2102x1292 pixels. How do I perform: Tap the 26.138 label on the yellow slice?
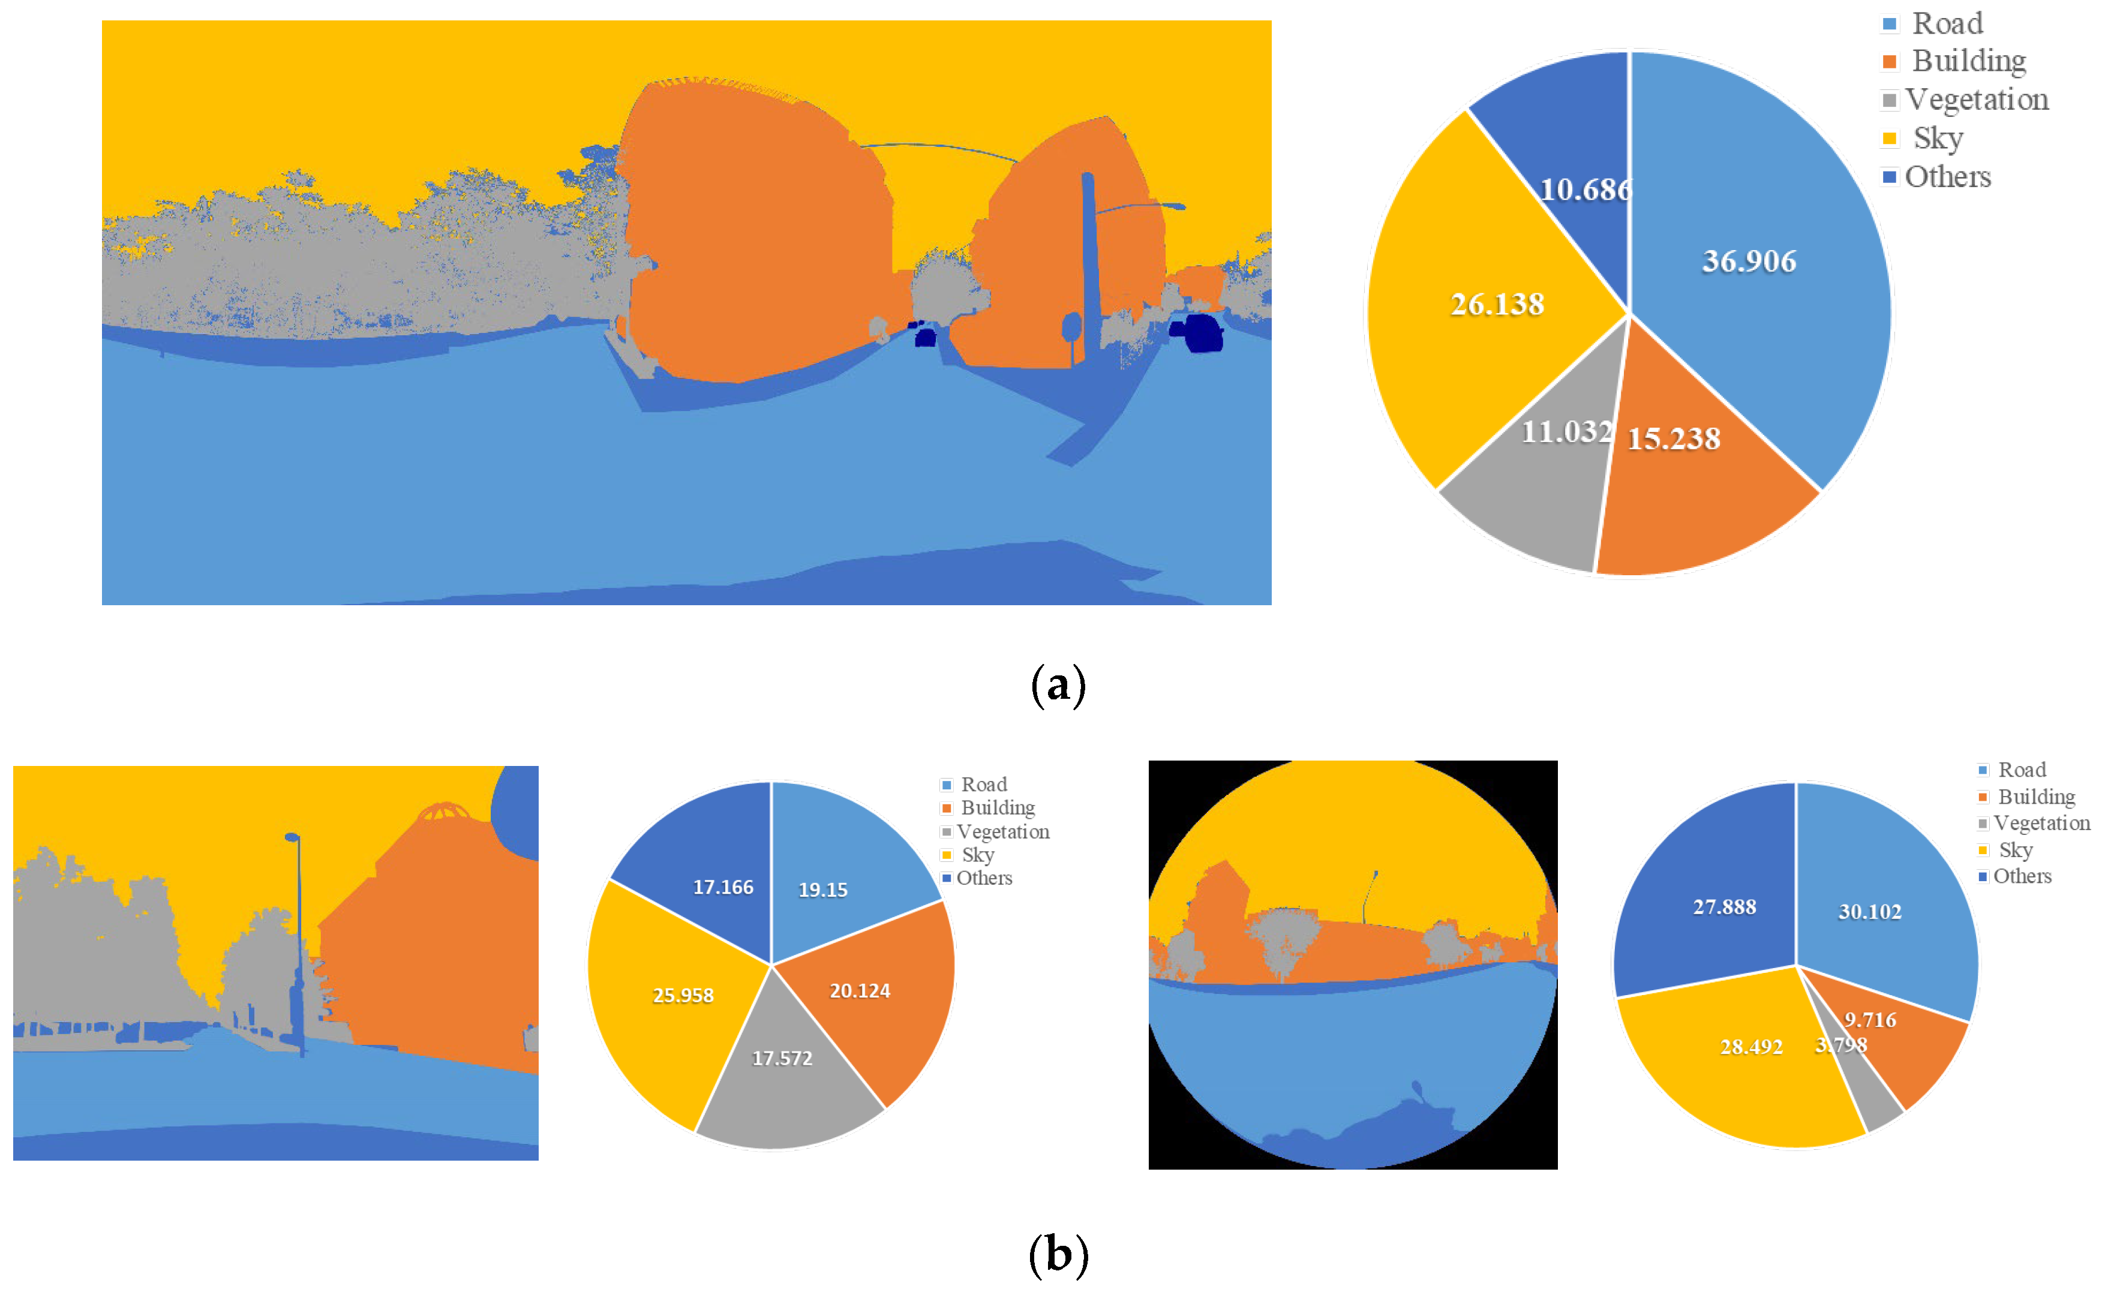[x=1497, y=304]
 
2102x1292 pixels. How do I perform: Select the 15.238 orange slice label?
[x=1673, y=438]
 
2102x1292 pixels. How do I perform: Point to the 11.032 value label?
[x=1566, y=431]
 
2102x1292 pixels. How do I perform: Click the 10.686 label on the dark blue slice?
[x=1585, y=189]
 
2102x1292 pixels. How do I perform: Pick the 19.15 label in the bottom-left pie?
[x=822, y=890]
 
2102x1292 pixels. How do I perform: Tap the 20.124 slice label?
[x=860, y=990]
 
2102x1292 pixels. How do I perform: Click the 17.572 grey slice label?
[x=782, y=1058]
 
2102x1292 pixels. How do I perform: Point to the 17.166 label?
[x=723, y=887]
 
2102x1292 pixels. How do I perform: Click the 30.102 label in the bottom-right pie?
[x=1870, y=912]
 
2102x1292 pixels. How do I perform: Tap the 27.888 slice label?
[x=1724, y=907]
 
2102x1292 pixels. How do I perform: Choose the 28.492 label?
[x=1751, y=1047]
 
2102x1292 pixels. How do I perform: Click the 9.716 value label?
[x=1870, y=1020]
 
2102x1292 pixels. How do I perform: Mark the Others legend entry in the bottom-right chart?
[x=2022, y=876]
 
